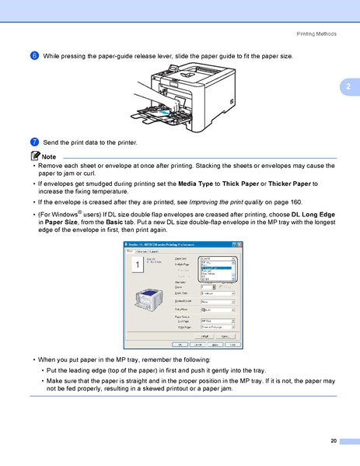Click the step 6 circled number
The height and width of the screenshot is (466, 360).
click(35, 56)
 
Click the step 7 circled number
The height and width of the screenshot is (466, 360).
click(35, 143)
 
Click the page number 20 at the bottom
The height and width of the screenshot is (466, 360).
click(333, 441)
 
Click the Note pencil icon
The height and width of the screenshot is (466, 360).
click(35, 157)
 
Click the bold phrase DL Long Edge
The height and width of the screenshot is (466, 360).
click(313, 213)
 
